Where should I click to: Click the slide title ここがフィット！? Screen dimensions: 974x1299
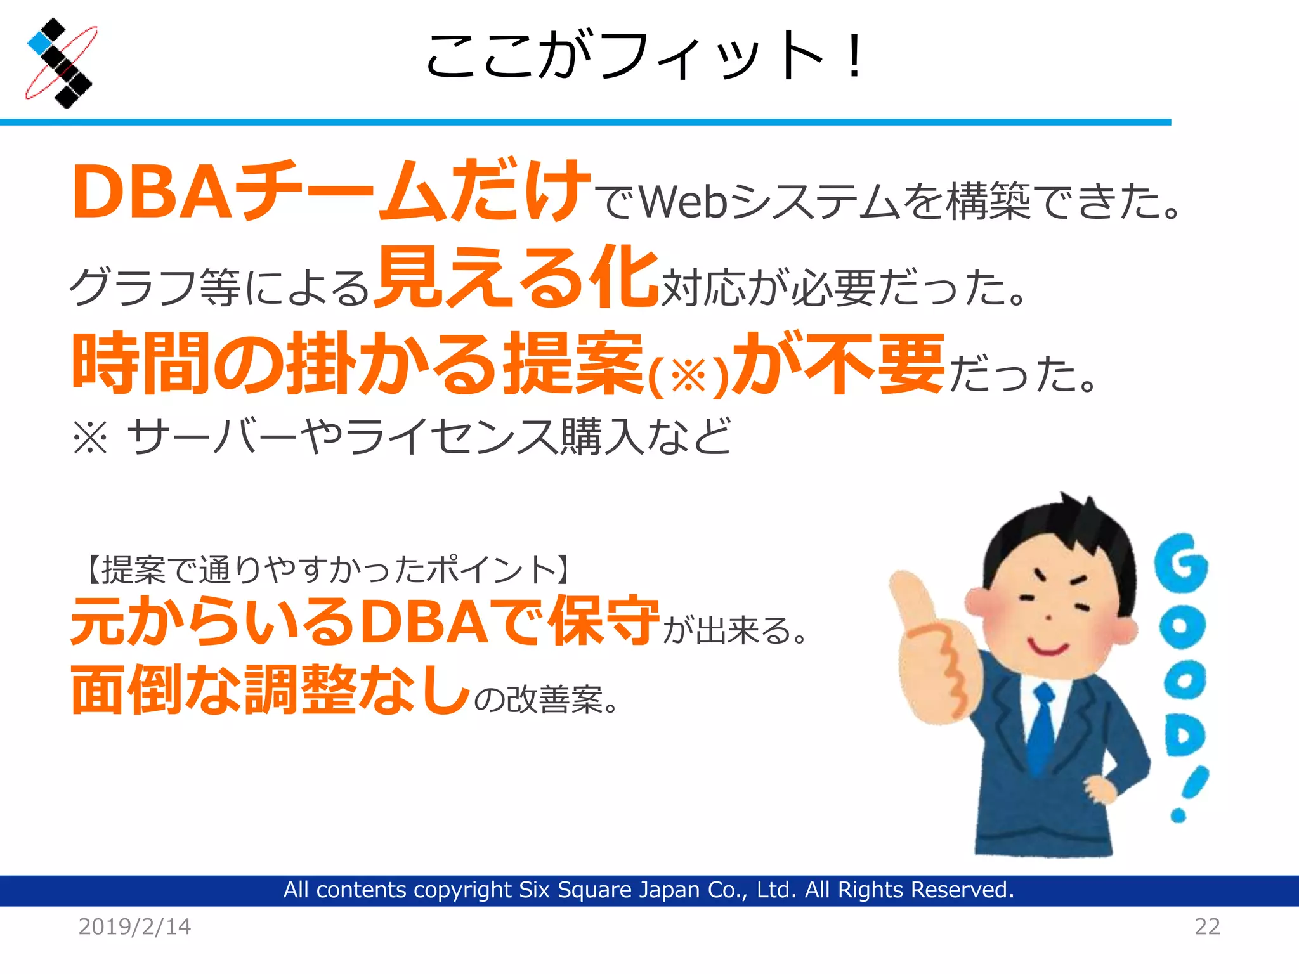click(x=644, y=56)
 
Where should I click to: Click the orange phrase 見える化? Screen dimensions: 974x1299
click(x=516, y=277)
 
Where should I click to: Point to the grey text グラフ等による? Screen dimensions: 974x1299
click(x=219, y=287)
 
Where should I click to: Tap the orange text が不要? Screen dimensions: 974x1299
click(x=837, y=363)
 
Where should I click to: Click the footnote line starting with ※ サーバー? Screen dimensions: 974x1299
click(x=402, y=436)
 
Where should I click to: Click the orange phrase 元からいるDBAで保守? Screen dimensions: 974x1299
click(x=365, y=621)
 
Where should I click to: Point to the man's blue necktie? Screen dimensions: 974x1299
click(x=1040, y=729)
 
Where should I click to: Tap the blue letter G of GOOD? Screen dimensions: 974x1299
click(x=1180, y=562)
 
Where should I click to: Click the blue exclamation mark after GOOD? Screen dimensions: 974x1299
click(x=1189, y=793)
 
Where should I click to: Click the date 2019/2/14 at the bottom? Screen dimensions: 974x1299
click(x=134, y=926)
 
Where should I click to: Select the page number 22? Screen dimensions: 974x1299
click(x=1207, y=926)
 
